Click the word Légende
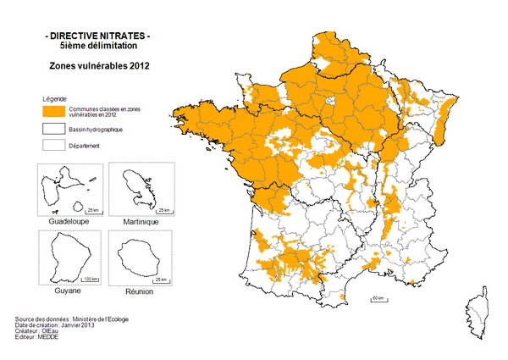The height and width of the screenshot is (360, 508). click(x=53, y=98)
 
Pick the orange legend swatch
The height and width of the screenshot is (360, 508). click(x=53, y=111)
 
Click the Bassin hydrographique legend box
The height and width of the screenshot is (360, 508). click(x=53, y=129)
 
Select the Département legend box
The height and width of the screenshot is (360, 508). click(x=53, y=146)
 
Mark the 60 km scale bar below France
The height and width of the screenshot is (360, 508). click(x=379, y=299)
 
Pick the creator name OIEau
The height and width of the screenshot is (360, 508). click(x=52, y=330)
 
